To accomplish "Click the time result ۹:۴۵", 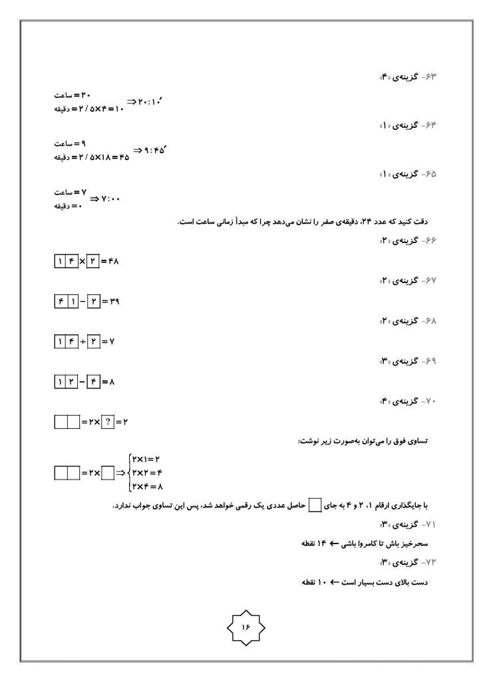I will pos(150,151).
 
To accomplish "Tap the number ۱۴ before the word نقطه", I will pos(323,544).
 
